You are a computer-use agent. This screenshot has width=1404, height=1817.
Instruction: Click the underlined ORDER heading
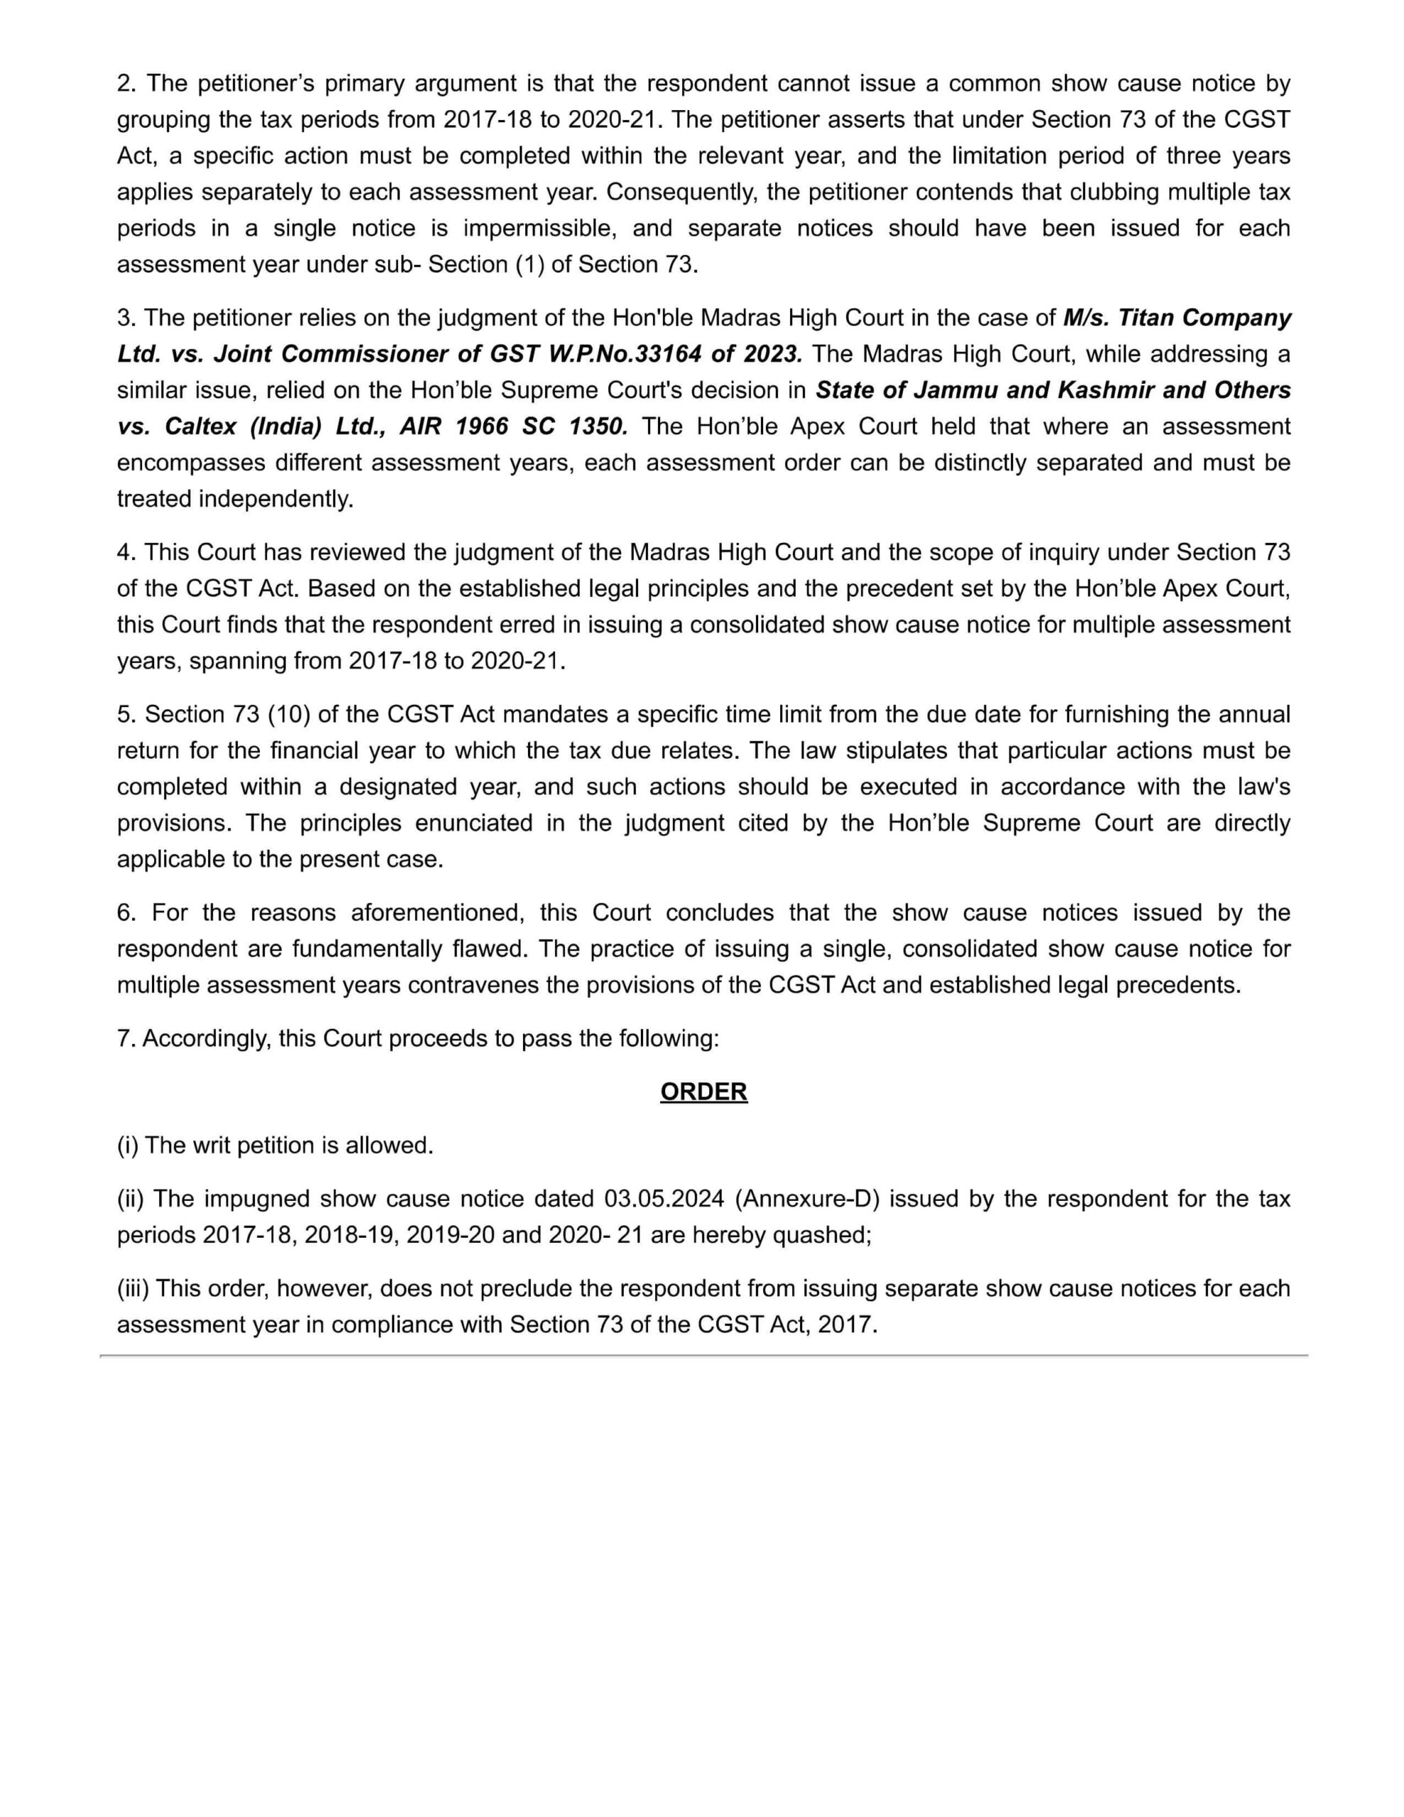[x=703, y=1092]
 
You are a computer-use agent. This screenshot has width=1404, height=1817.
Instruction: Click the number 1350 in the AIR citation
[x=598, y=427]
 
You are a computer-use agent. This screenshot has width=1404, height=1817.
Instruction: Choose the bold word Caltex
[x=201, y=427]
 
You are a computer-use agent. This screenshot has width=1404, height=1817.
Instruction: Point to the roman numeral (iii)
[x=133, y=1289]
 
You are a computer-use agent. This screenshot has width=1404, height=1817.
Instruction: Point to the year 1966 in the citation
[x=482, y=427]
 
